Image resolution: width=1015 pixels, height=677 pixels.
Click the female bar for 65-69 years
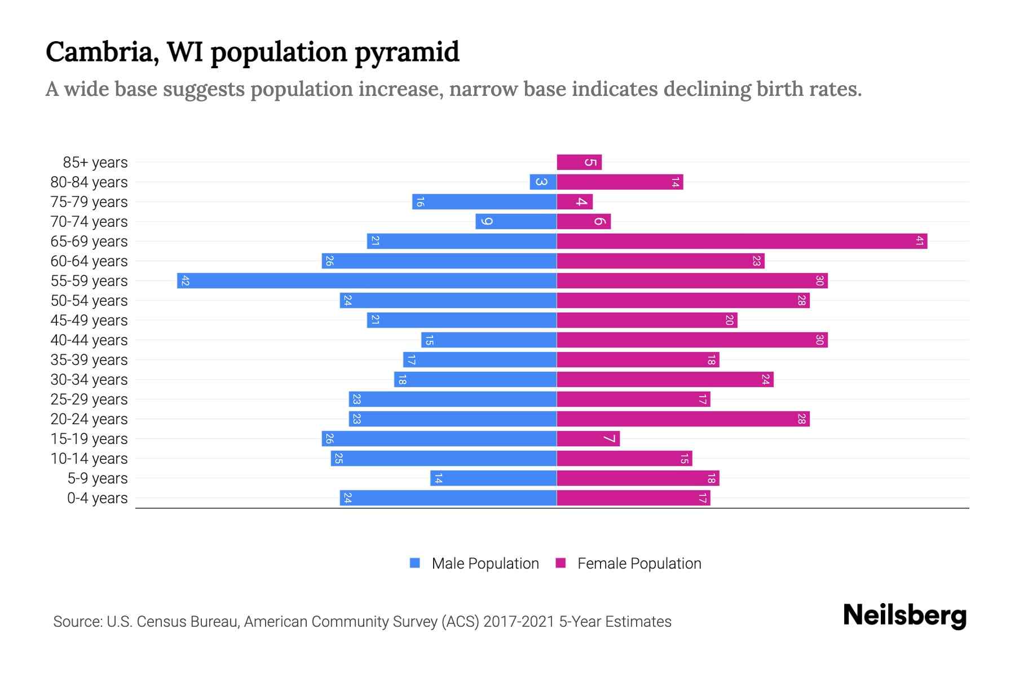742,241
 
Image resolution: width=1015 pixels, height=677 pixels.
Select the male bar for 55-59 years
367,281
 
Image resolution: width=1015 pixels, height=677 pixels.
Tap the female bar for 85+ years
579,162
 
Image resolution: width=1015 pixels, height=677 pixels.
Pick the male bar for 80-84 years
543,182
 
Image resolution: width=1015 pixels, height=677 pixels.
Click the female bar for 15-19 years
588,439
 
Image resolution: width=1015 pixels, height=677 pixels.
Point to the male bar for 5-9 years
493,478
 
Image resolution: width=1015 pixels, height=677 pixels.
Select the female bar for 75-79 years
575,202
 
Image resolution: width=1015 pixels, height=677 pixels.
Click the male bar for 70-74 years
516,222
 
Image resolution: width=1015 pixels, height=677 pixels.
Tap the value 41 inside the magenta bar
919,241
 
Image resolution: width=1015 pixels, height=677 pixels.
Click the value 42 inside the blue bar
185,281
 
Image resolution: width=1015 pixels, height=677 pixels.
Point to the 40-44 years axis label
89,340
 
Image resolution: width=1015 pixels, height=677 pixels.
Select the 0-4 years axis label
97,498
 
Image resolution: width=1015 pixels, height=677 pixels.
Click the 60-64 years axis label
89,261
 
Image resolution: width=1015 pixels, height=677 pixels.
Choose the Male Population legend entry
485,564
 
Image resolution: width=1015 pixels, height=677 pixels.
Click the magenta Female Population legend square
561,563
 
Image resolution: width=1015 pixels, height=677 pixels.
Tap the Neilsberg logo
904,616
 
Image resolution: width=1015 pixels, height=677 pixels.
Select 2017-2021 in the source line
519,622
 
